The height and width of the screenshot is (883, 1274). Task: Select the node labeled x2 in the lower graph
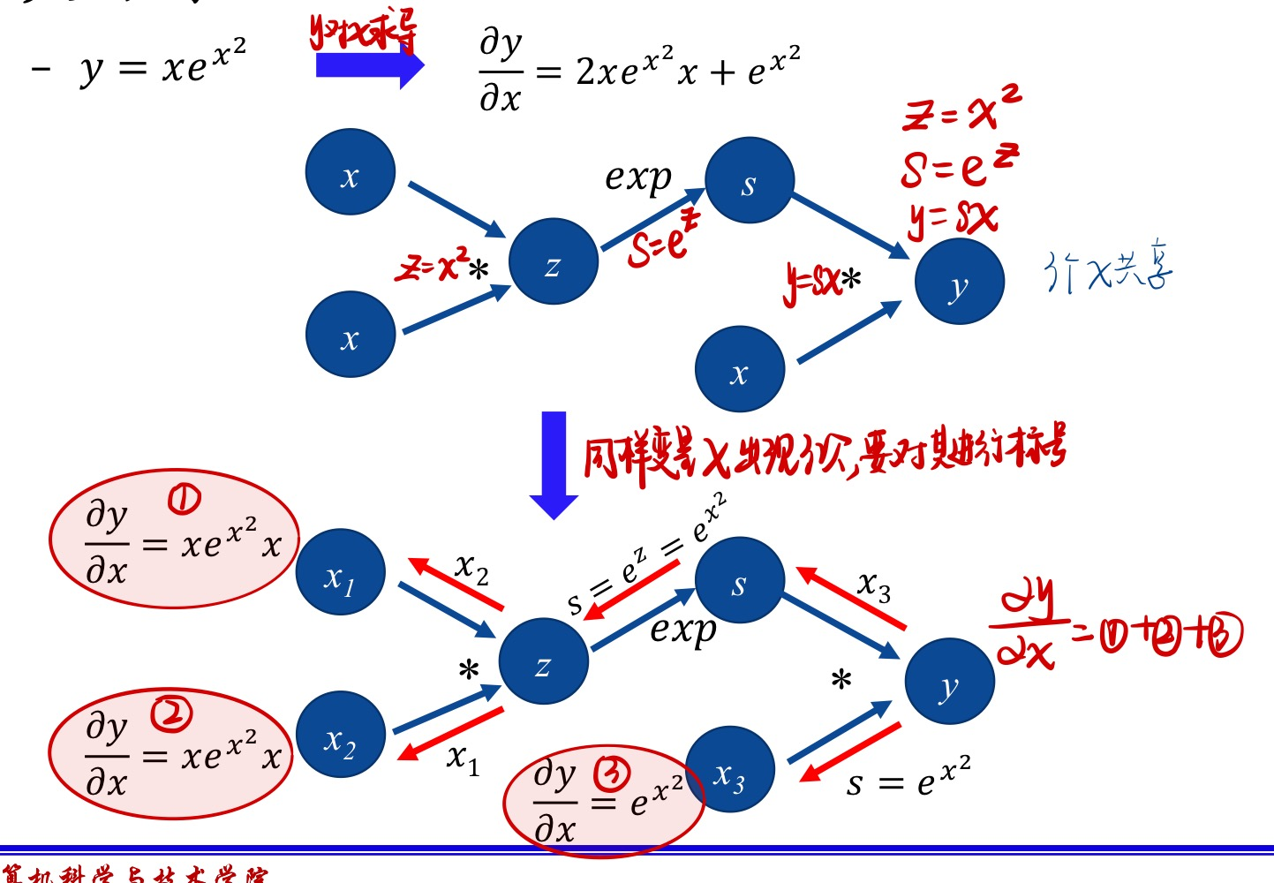tap(340, 735)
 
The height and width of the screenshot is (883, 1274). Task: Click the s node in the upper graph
tap(750, 180)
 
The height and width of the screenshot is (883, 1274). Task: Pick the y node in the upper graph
tap(959, 283)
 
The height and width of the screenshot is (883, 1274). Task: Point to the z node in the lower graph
tap(543, 661)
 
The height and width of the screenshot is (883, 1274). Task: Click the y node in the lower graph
tap(949, 682)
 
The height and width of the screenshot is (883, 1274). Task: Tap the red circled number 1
tap(185, 501)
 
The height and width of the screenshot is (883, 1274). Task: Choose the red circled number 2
tap(170, 713)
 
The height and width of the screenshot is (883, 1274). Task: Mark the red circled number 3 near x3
tap(612, 774)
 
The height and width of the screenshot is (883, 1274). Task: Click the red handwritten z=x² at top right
tap(961, 109)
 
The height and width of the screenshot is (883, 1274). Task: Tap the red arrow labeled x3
tap(851, 598)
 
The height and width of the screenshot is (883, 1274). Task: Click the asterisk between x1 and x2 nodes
tap(469, 671)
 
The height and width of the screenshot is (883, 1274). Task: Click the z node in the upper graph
tap(553, 262)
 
